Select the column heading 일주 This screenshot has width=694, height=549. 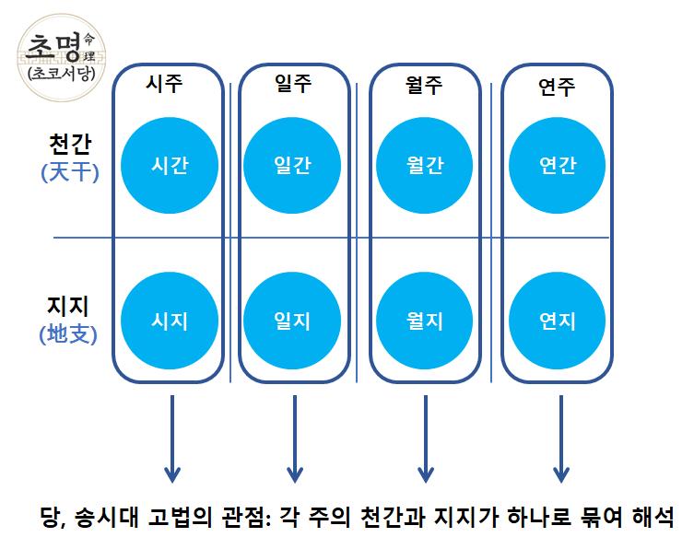point(293,84)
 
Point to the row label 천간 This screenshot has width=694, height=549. point(69,146)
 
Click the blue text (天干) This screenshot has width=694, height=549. point(69,171)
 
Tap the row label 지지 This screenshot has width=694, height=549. point(69,305)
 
